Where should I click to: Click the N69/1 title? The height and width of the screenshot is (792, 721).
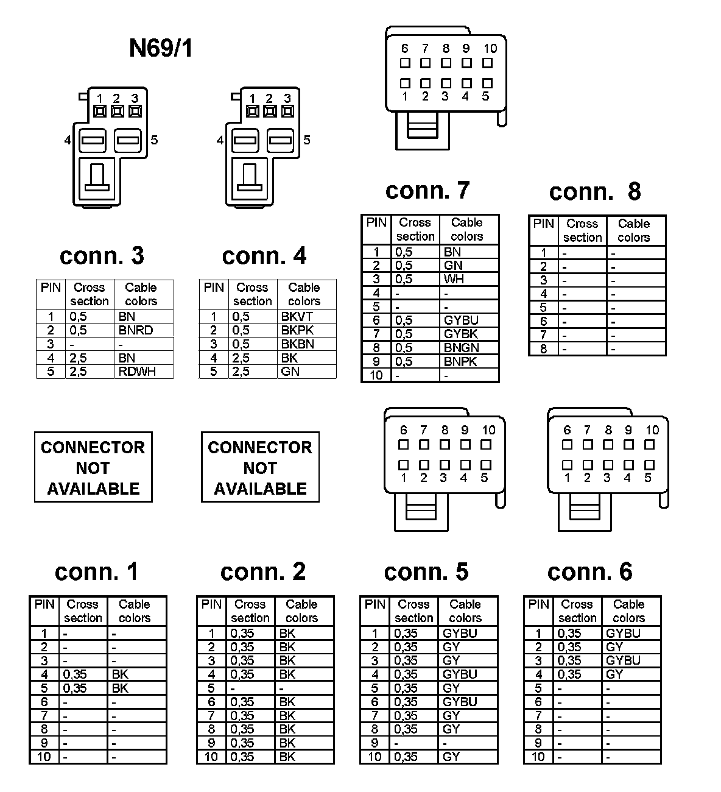click(161, 48)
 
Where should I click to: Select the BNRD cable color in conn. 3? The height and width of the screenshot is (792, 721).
click(136, 330)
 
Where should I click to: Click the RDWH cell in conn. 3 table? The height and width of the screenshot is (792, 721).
click(137, 372)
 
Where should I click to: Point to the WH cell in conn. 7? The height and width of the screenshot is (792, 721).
click(454, 279)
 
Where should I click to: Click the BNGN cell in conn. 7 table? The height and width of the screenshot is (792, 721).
click(461, 348)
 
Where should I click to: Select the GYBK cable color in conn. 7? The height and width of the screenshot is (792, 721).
click(460, 334)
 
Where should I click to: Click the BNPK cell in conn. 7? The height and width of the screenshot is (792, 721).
click(460, 361)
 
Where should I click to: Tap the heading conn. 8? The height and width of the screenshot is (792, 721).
click(595, 192)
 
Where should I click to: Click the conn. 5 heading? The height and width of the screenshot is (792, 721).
click(426, 571)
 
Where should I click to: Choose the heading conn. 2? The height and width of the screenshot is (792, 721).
click(263, 571)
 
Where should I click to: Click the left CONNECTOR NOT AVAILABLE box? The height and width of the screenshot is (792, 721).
click(93, 467)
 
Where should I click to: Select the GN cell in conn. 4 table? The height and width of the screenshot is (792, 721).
click(290, 372)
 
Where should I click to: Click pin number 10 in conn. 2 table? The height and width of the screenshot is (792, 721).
click(211, 757)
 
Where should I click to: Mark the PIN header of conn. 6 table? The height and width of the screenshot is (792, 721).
click(538, 604)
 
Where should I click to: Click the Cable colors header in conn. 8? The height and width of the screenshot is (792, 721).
click(634, 231)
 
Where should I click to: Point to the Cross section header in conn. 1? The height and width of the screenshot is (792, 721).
click(83, 611)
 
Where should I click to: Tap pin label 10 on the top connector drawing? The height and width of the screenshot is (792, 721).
click(490, 49)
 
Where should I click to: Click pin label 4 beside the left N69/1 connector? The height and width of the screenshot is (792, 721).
click(68, 140)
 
